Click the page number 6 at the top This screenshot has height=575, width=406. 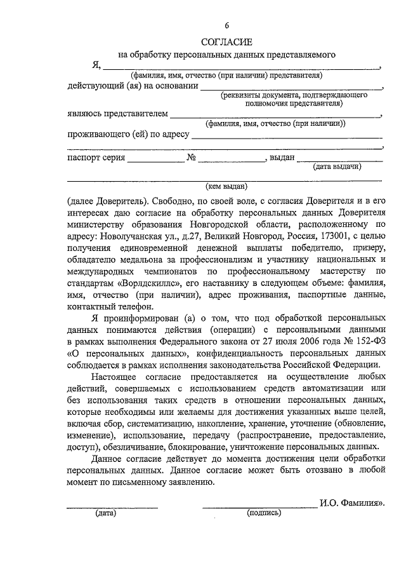[226, 25]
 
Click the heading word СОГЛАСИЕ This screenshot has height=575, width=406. [226, 42]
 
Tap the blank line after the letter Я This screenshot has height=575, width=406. [241, 66]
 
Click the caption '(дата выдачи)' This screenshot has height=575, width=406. [337, 167]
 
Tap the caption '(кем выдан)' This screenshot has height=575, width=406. [226, 187]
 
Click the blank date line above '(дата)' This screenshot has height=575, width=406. [112, 506]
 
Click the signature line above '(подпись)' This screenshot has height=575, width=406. [259, 506]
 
